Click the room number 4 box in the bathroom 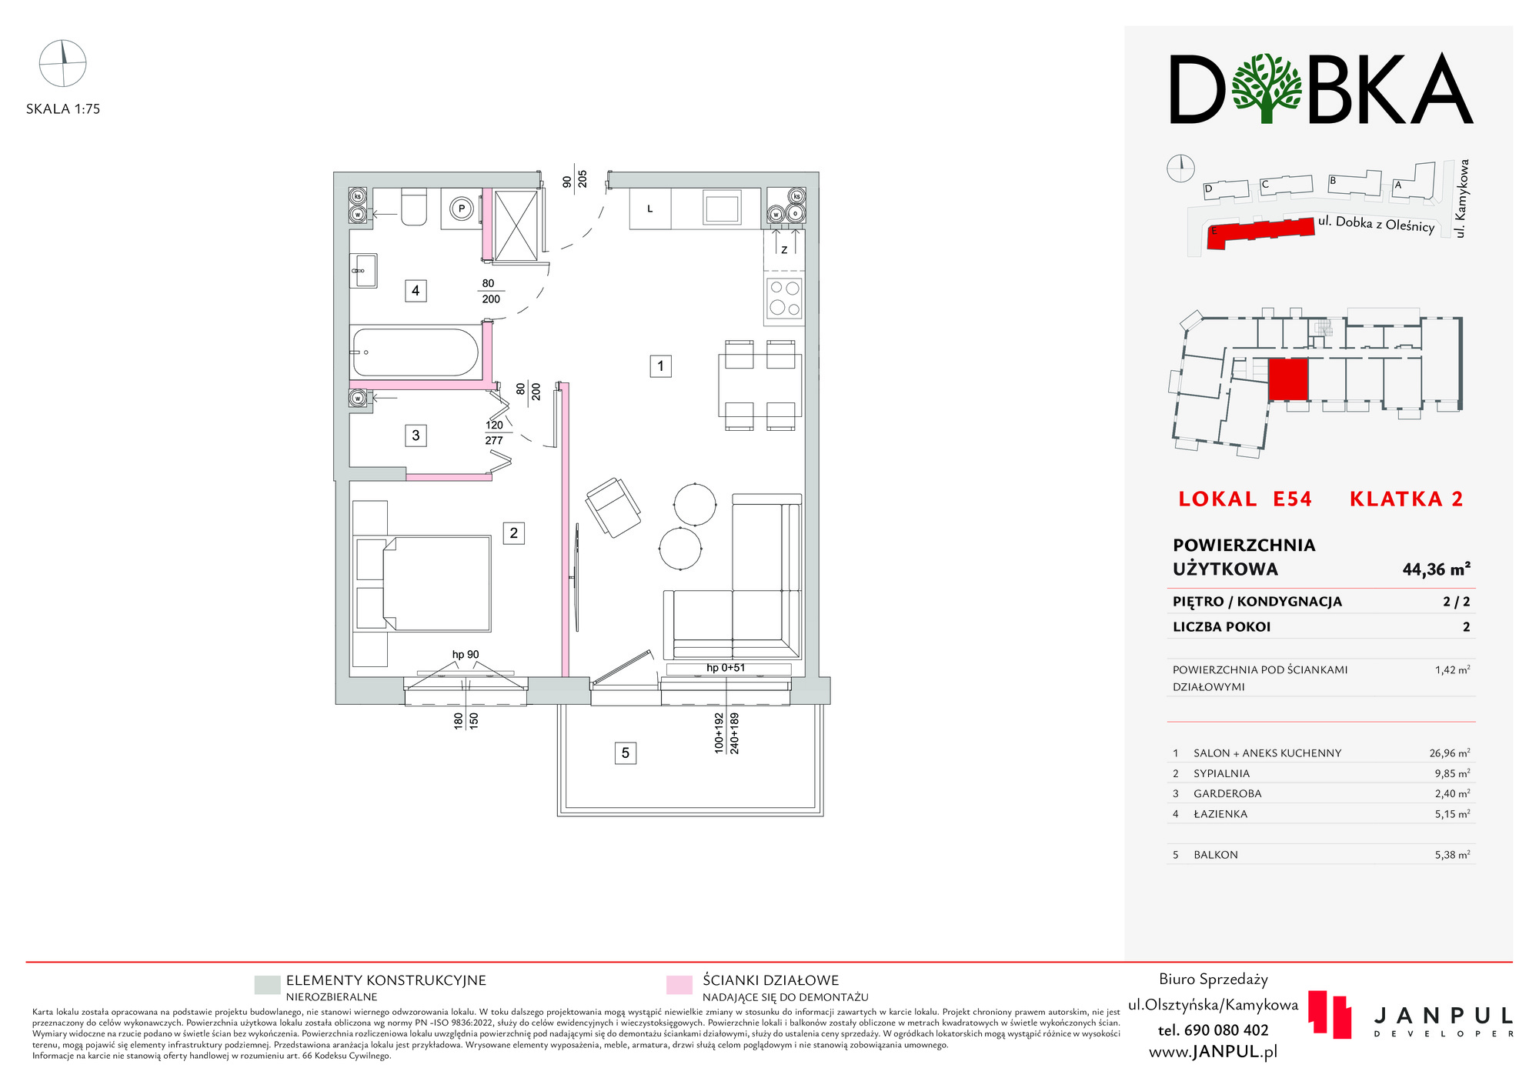(416, 291)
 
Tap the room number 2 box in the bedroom (514, 533)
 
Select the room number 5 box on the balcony (626, 753)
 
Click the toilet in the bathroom (413, 207)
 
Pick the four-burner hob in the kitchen (784, 299)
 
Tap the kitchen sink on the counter (722, 208)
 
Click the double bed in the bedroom (436, 583)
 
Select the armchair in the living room (613, 508)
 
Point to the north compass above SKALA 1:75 (63, 63)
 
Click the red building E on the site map (1260, 232)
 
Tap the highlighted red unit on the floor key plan (1288, 379)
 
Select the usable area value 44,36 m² (1436, 569)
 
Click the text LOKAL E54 (1245, 499)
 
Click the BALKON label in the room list (1216, 855)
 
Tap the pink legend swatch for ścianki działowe (679, 985)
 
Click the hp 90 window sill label (466, 655)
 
